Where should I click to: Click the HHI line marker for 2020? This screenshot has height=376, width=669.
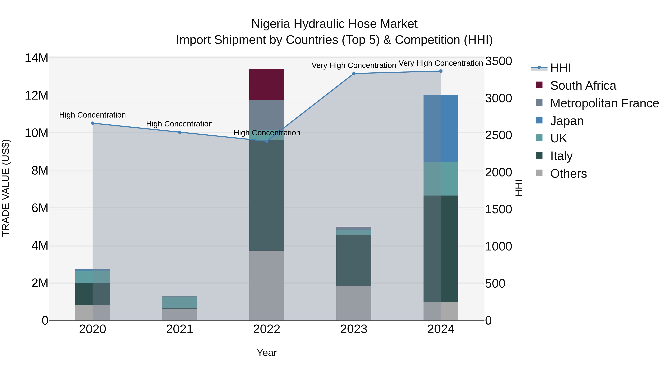pos(93,123)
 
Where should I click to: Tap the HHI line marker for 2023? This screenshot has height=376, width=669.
pos(354,74)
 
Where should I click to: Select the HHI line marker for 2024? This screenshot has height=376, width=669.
pos(441,71)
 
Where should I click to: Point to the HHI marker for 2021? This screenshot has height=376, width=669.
pos(180,132)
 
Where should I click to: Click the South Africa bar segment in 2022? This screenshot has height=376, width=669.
pos(267,84)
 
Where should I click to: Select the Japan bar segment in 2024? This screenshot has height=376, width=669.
pos(441,128)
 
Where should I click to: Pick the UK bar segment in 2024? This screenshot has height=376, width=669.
pos(441,179)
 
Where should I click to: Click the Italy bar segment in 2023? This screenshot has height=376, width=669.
pos(354,260)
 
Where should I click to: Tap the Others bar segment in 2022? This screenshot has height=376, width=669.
pos(267,285)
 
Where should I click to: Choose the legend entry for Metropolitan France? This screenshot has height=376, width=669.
pos(604,103)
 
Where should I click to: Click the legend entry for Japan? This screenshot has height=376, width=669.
pos(567,121)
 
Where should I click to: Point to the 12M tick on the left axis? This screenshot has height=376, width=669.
pos(36,96)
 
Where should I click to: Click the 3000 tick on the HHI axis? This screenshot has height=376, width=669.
pos(499,98)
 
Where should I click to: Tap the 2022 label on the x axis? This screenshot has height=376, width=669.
pos(267,329)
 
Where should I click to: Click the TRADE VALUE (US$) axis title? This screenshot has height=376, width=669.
pos(6,188)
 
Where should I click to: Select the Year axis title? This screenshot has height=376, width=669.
pos(267,353)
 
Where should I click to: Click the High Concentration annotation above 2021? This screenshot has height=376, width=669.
pos(180,124)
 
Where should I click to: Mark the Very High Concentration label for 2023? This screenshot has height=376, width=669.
pos(354,65)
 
